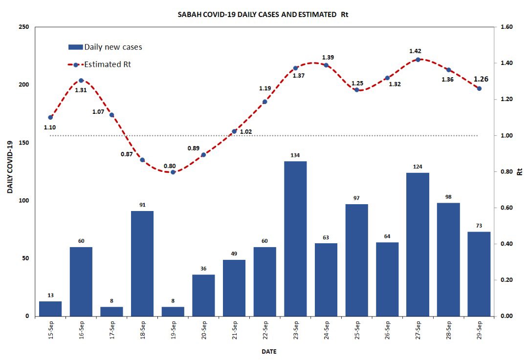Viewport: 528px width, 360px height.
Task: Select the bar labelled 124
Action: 418,244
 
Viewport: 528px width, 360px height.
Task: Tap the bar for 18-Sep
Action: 142,263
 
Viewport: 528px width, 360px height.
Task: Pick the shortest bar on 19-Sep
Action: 173,312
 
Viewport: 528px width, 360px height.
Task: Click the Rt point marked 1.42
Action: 418,60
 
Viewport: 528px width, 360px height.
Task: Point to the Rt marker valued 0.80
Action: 173,172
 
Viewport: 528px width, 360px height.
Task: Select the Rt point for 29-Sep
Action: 479,88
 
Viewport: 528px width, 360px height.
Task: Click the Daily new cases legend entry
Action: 105,47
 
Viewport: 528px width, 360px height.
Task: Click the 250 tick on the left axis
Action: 23,27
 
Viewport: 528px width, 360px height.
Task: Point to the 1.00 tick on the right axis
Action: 504,136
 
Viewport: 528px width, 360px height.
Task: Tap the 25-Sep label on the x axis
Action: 357,332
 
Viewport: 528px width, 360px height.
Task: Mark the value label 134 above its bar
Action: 295,155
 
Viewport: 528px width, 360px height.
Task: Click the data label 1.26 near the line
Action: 481,79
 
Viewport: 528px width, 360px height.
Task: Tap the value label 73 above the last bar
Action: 479,226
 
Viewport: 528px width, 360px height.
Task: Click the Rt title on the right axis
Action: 520,172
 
